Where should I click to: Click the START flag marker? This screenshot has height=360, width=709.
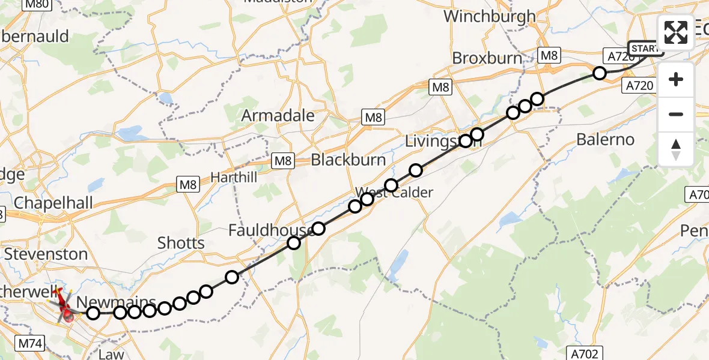[646, 48]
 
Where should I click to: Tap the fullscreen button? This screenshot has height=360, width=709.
[676, 32]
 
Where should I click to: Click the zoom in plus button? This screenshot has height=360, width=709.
[676, 79]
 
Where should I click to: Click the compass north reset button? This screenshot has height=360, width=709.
[676, 149]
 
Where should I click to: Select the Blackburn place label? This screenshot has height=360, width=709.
[348, 160]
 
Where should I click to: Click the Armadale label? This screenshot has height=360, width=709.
[278, 115]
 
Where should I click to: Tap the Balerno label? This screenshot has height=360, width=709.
[605, 140]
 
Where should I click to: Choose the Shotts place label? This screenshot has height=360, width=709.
[181, 243]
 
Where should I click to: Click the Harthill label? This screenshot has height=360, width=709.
[234, 178]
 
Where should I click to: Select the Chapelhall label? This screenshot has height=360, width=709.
[53, 203]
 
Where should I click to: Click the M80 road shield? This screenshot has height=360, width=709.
[37, 4]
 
